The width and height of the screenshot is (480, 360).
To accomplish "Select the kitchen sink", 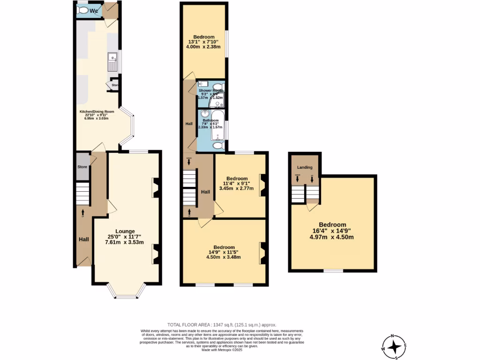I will click(112, 62).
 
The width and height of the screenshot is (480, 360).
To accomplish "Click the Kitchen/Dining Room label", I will click(97, 112).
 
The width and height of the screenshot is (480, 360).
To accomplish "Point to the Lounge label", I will click(125, 231).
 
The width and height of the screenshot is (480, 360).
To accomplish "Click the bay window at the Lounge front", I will click(125, 294).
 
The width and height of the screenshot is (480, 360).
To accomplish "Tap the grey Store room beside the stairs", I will click(82, 166).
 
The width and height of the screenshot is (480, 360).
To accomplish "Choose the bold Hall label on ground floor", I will click(83, 240).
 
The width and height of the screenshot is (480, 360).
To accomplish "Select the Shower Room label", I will click(210, 90).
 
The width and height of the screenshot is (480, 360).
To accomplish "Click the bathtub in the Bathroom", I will click(218, 125).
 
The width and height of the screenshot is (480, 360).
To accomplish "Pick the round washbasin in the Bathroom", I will click(204, 114).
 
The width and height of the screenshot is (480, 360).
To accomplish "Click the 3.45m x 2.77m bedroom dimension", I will click(236, 189).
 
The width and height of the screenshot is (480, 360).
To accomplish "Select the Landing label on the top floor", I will click(305, 167).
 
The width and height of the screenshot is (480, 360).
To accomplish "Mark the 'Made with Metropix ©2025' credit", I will click(222, 350).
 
